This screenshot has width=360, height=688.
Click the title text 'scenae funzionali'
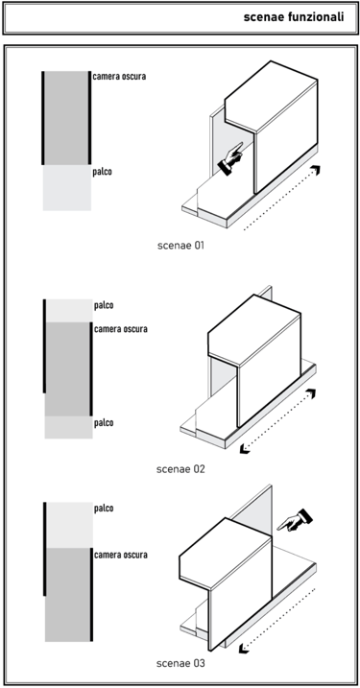pyautogui.click(x=293, y=17)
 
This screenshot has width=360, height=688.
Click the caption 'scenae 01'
pyautogui.click(x=180, y=246)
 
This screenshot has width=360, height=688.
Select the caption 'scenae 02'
pyautogui.click(x=180, y=469)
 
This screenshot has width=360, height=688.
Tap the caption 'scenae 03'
pyautogui.click(x=180, y=663)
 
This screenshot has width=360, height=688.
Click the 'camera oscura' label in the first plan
pyautogui.click(x=119, y=77)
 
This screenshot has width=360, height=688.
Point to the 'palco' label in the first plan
pyautogui.click(x=102, y=172)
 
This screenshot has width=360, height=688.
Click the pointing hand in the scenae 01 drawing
pyautogui.click(x=230, y=158)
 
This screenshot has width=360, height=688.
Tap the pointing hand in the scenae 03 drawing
pyautogui.click(x=295, y=520)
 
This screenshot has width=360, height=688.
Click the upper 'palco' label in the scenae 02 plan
pyautogui.click(x=104, y=305)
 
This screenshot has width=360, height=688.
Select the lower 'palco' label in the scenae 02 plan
pyautogui.click(x=104, y=422)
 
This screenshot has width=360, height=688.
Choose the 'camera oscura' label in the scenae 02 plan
pyautogui.click(x=121, y=328)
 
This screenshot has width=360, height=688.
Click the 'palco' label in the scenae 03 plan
pyautogui.click(x=104, y=509)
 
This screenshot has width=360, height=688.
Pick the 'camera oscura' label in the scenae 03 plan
pyautogui.click(x=121, y=555)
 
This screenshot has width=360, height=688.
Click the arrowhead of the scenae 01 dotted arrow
pyautogui.click(x=315, y=170)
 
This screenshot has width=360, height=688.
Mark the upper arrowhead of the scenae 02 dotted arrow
pyautogui.click(x=311, y=393)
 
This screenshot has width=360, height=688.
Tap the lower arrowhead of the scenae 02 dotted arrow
pyautogui.click(x=244, y=448)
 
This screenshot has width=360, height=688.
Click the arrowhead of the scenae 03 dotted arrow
pyautogui.click(x=243, y=648)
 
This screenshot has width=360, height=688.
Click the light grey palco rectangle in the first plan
pyautogui.click(x=67, y=188)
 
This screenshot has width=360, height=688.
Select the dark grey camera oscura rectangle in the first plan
pyautogui.click(x=67, y=118)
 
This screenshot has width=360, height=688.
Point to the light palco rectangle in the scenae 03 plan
pyautogui.click(x=68, y=525)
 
